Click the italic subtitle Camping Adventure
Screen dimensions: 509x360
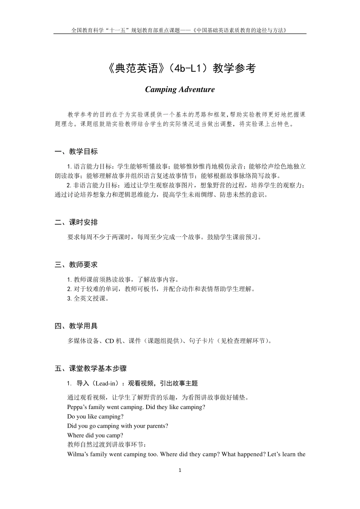(180, 90)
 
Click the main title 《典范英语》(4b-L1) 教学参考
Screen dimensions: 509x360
(180, 68)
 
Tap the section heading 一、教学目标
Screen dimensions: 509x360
(76, 151)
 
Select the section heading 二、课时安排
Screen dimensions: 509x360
(76, 222)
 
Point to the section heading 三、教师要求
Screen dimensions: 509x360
(76, 265)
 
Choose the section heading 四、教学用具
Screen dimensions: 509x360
(76, 326)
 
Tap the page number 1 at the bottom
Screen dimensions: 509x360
(180, 470)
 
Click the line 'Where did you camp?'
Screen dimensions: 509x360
(95, 436)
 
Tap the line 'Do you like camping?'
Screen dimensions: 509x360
(95, 417)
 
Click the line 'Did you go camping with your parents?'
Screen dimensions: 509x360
(117, 426)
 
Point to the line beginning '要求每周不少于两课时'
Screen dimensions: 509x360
(164, 237)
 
